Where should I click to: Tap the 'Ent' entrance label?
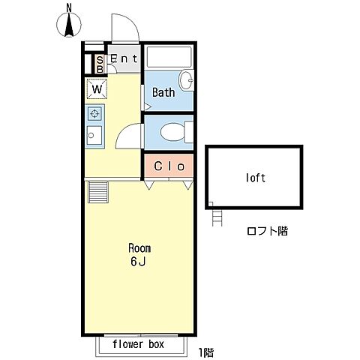[x=124, y=59]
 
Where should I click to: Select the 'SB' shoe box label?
[x=100, y=64]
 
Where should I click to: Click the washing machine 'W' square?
[x=97, y=88]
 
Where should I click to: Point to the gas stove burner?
[x=94, y=114]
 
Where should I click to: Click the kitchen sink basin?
[x=94, y=135]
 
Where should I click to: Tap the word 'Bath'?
[x=163, y=92]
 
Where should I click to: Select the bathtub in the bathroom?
[x=169, y=56]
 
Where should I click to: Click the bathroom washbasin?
[x=186, y=80]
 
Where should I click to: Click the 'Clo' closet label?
[x=169, y=166]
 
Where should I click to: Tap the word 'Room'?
[x=139, y=248]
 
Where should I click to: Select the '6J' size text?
[x=138, y=262]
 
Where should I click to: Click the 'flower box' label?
[x=138, y=344]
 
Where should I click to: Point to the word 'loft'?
[x=255, y=178]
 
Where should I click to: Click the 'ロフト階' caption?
[x=267, y=231]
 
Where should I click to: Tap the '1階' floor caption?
[x=206, y=352]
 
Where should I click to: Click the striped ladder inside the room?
[x=98, y=192]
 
